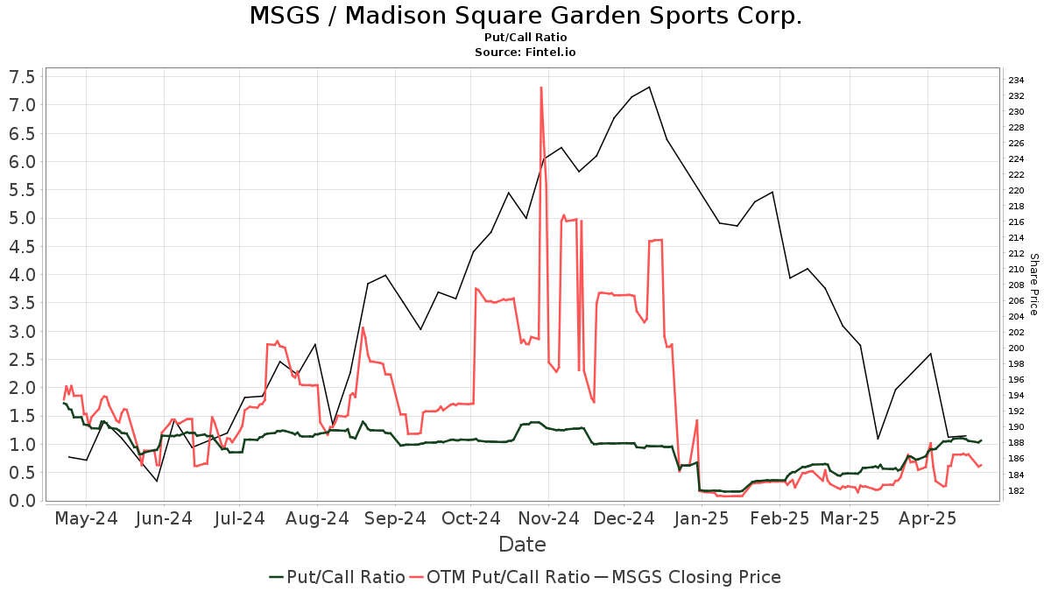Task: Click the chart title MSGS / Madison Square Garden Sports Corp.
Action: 525,16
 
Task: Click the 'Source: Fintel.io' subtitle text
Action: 525,53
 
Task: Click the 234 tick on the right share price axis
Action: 1017,80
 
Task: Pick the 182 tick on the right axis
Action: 1017,490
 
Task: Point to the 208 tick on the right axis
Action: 1017,285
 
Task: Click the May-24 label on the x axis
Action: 86,518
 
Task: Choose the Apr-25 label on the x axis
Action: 928,518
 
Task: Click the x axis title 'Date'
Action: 522,545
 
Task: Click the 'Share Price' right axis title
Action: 1033,285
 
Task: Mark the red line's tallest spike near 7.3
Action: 541,88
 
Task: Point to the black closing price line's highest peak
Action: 649,87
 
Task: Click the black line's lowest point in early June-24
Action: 157,481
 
